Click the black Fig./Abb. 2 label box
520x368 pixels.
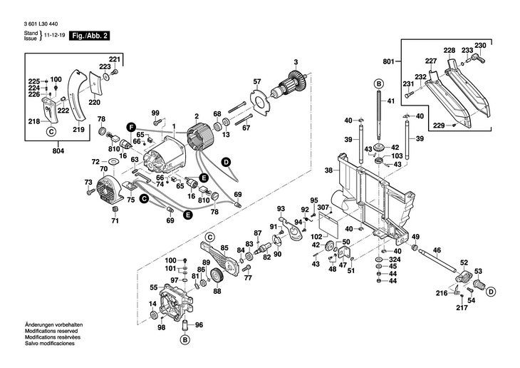click(90, 35)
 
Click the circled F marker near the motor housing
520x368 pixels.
click(131, 126)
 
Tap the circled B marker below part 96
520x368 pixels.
click(184, 340)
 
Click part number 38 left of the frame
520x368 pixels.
click(328, 170)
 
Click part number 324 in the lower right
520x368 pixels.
click(394, 259)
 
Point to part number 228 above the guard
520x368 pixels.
click(449, 50)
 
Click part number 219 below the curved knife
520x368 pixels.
click(78, 129)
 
